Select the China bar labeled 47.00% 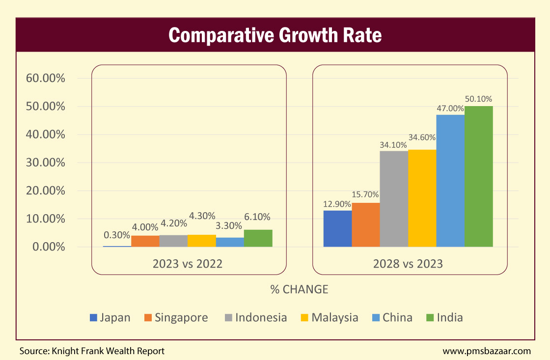pyautogui.click(x=450, y=180)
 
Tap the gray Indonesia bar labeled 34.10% pyautogui.click(x=394, y=198)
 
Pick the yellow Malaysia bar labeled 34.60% pyautogui.click(x=422, y=198)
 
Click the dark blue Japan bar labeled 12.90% pyautogui.click(x=337, y=228)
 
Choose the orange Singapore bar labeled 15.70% pyautogui.click(x=366, y=224)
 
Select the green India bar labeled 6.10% pyautogui.click(x=258, y=238)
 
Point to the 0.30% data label pyautogui.click(x=117, y=235)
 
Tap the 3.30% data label pyautogui.click(x=229, y=226)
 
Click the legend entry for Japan pyautogui.click(x=110, y=317)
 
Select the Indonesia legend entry pyautogui.click(x=255, y=317)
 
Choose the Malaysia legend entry pyautogui.click(x=329, y=317)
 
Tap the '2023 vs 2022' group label pyautogui.click(x=188, y=264)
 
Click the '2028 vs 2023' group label pyautogui.click(x=408, y=264)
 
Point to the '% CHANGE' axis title pyautogui.click(x=299, y=289)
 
